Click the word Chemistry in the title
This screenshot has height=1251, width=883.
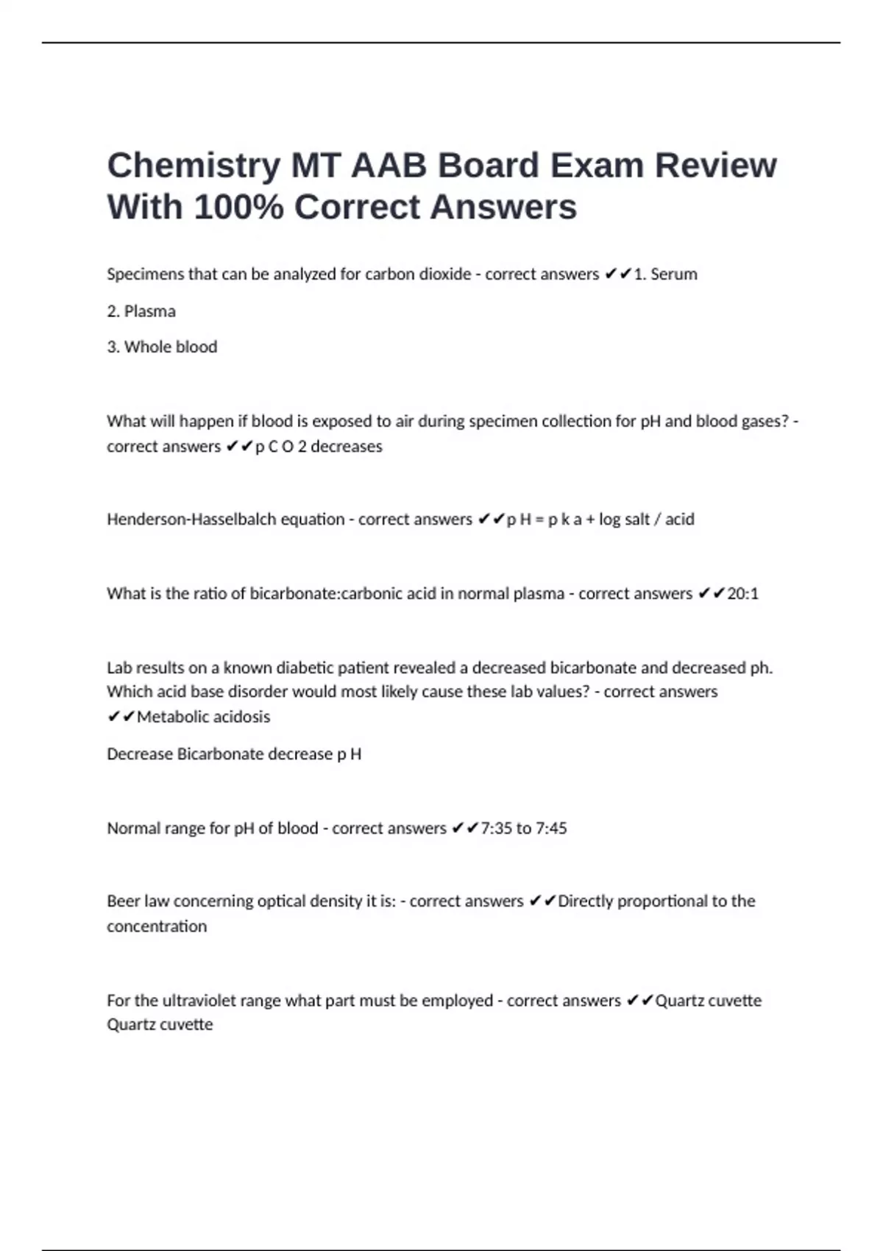194,166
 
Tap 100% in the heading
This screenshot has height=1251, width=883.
238,208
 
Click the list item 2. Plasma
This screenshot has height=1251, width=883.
141,311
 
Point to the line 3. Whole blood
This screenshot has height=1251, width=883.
162,347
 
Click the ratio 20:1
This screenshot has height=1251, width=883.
742,593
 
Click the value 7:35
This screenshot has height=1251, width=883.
495,829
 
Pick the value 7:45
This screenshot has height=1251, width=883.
551,829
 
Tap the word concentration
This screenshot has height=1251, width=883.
157,926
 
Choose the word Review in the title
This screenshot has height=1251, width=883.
715,166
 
